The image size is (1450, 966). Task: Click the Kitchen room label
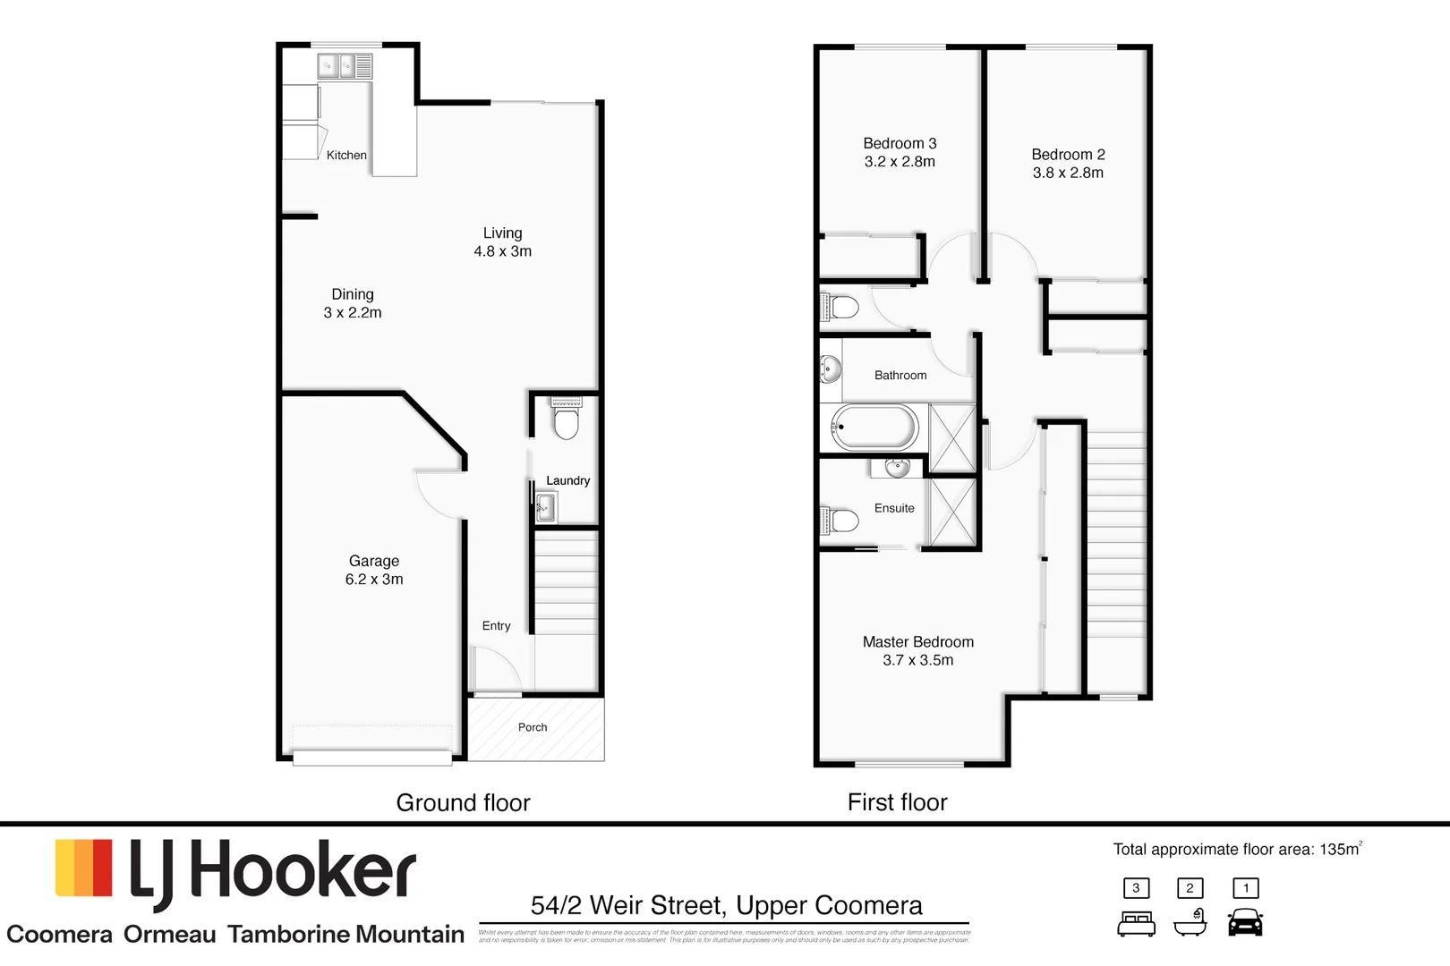point(346,155)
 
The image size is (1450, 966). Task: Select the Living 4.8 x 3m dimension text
point(502,251)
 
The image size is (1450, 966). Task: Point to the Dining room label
point(353,294)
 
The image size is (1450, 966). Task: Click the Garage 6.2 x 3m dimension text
point(374,580)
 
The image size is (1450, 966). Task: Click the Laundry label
point(567,480)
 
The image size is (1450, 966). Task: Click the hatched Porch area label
point(533,727)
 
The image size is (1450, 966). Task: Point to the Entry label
point(496,626)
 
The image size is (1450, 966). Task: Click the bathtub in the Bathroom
point(874,428)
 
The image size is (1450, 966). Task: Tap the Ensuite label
point(894,508)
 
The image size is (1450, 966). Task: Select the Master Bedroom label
point(917,642)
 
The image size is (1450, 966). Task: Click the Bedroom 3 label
point(900,143)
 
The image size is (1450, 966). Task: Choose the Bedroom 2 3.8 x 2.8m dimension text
point(1068,173)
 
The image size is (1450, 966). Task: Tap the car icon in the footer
point(1245,922)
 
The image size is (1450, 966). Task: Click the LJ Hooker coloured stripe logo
point(84,868)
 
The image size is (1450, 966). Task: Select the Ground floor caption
point(463,802)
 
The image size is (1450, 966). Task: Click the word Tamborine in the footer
point(284,935)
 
